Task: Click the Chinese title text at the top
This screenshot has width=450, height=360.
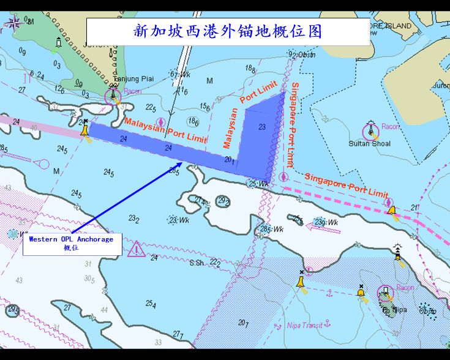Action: click(x=228, y=31)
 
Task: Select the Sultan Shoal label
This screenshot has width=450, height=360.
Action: click(x=369, y=144)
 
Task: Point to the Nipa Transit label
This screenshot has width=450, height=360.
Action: click(x=304, y=326)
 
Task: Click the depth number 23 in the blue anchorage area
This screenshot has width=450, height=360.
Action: click(x=262, y=127)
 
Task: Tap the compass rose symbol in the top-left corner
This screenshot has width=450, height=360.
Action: click(x=14, y=23)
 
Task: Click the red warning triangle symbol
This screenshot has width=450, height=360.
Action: click(x=137, y=249)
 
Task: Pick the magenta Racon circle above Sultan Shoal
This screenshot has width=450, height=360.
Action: click(x=370, y=130)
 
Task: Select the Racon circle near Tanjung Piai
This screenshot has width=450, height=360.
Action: click(x=113, y=96)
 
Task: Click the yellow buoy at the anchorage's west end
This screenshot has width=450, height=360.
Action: click(x=86, y=130)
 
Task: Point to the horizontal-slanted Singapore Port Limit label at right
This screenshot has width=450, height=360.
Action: click(x=346, y=184)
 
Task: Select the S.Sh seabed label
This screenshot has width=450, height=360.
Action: click(x=197, y=263)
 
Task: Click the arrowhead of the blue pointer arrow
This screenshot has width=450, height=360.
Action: click(x=180, y=164)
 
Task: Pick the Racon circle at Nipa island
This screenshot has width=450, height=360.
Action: click(x=386, y=292)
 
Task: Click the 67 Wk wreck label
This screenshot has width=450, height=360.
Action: click(x=181, y=75)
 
